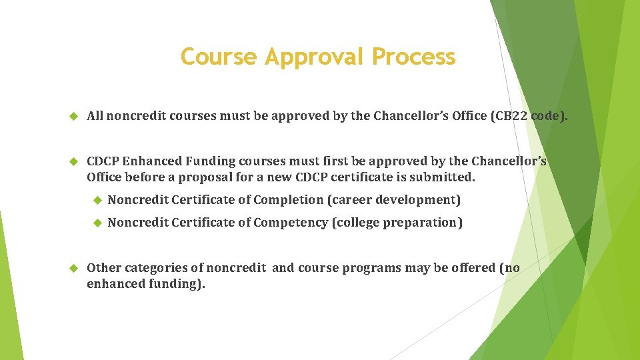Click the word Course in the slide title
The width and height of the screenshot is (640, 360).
click(x=218, y=57)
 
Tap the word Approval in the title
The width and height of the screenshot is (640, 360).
click(x=315, y=58)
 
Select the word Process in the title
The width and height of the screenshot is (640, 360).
click(x=414, y=57)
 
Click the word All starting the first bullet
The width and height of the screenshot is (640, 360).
click(x=95, y=117)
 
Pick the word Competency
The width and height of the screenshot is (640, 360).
click(x=291, y=223)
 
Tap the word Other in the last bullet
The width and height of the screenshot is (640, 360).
click(x=102, y=269)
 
